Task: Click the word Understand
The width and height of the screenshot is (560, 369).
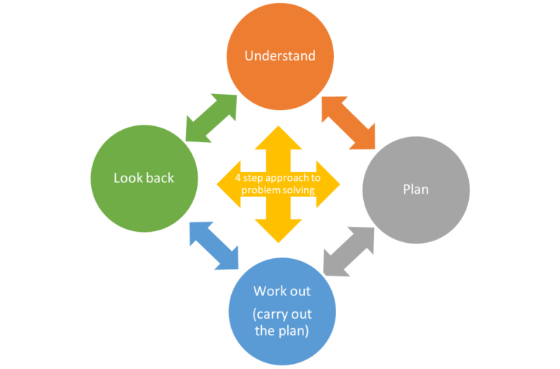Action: pos(280,55)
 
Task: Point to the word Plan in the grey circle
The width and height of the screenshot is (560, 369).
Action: pos(416,190)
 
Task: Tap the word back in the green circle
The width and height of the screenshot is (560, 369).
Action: pos(160,178)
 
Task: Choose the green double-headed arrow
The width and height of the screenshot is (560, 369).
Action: pos(211,117)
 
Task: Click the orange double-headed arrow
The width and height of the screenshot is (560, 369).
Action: pos(348,120)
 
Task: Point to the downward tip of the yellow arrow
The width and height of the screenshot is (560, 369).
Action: pos(279,237)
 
